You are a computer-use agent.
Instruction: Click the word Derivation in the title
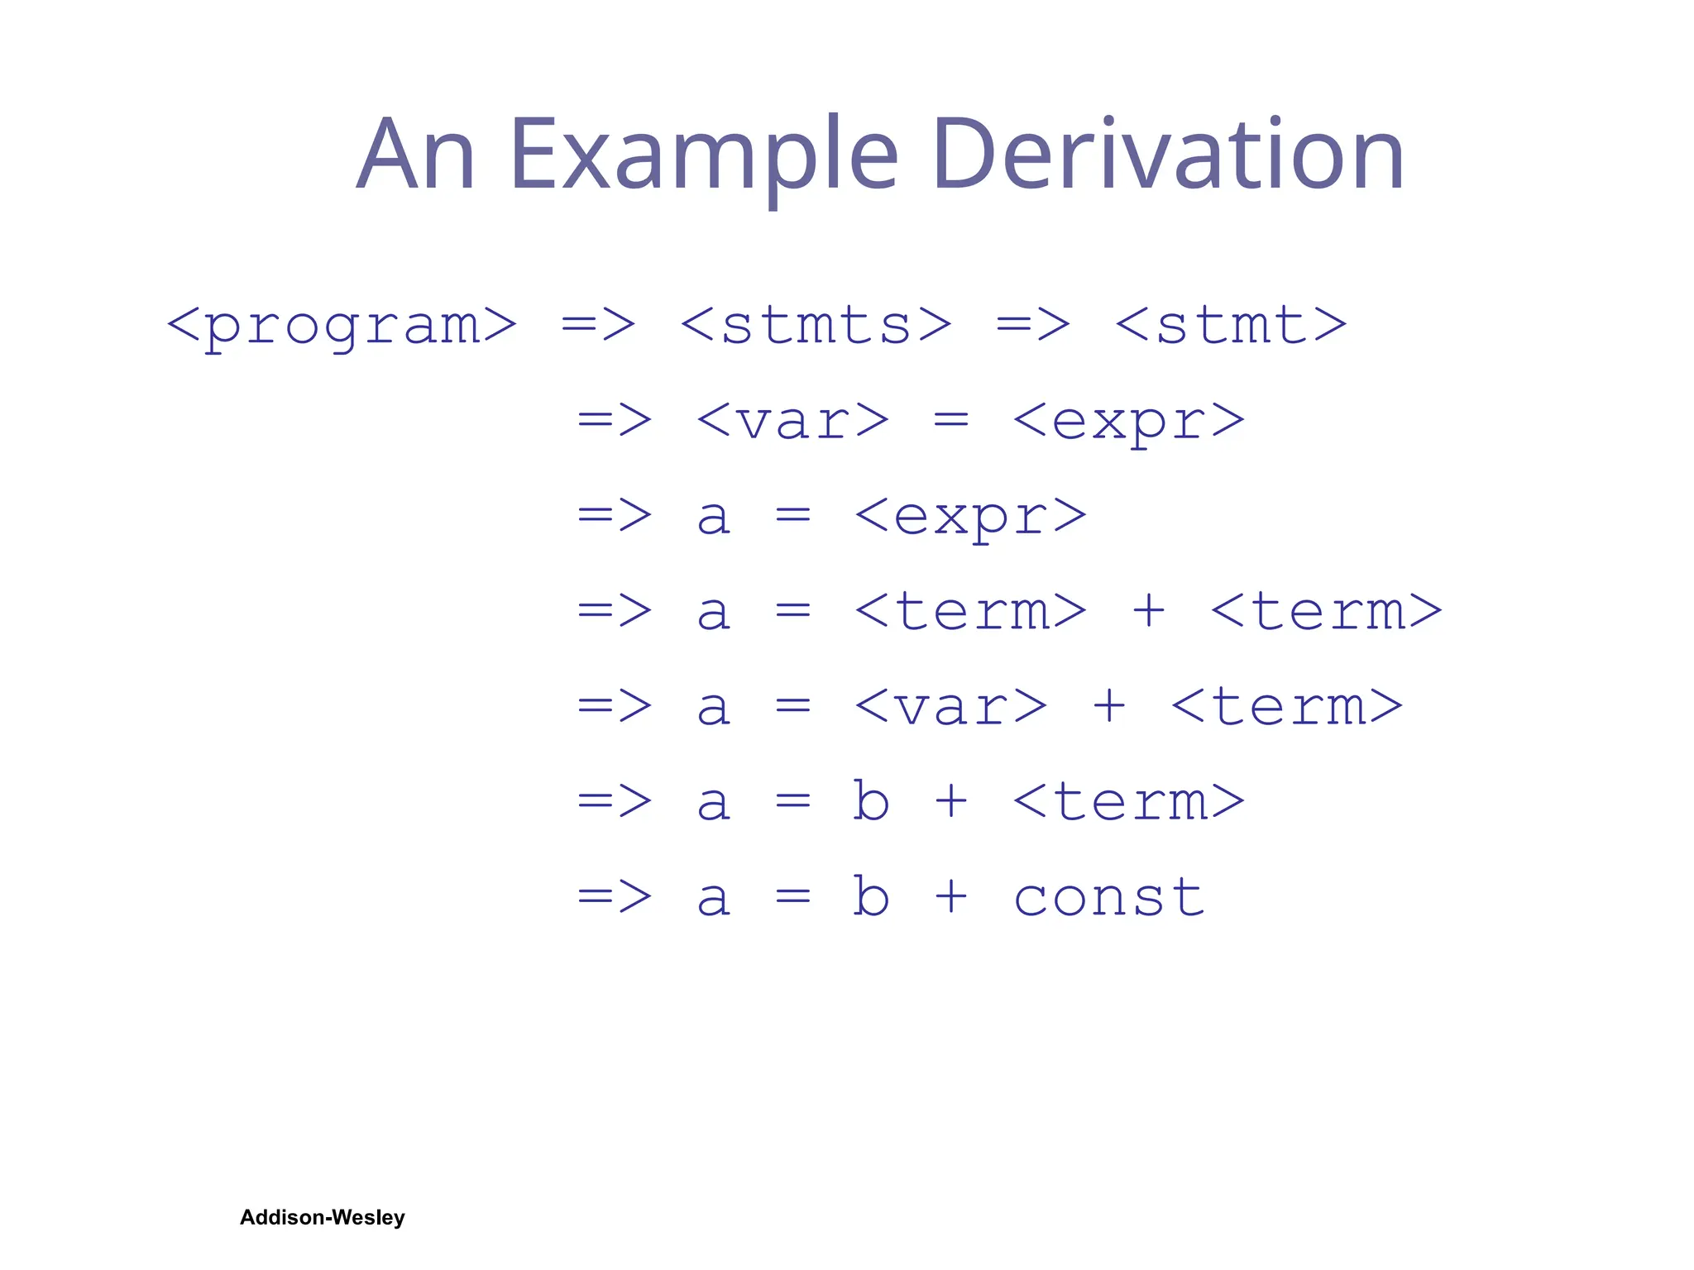(1167, 155)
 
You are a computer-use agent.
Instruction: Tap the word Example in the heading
(704, 155)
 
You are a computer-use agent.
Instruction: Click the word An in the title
(415, 155)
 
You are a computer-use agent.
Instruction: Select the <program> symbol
(342, 326)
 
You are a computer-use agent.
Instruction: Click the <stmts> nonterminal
(816, 326)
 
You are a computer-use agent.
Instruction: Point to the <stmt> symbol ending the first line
(1231, 326)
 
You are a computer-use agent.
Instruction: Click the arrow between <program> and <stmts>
(598, 326)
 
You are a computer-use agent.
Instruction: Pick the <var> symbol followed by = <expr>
(792, 421)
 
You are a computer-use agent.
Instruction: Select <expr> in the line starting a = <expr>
(970, 517)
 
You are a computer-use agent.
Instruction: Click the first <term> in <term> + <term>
(970, 612)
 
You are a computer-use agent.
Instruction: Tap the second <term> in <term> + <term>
(1326, 612)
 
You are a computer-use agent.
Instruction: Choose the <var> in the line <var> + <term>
(950, 708)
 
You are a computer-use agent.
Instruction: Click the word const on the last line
(1108, 898)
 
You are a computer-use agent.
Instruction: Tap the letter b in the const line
(871, 896)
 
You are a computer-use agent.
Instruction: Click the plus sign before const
(950, 896)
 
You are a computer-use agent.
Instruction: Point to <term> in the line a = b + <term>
(1128, 802)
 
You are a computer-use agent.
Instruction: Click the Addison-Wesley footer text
(322, 1217)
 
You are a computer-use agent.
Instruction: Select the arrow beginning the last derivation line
(615, 896)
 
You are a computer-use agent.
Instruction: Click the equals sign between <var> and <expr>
(950, 421)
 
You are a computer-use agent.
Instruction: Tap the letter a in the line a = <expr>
(713, 517)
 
